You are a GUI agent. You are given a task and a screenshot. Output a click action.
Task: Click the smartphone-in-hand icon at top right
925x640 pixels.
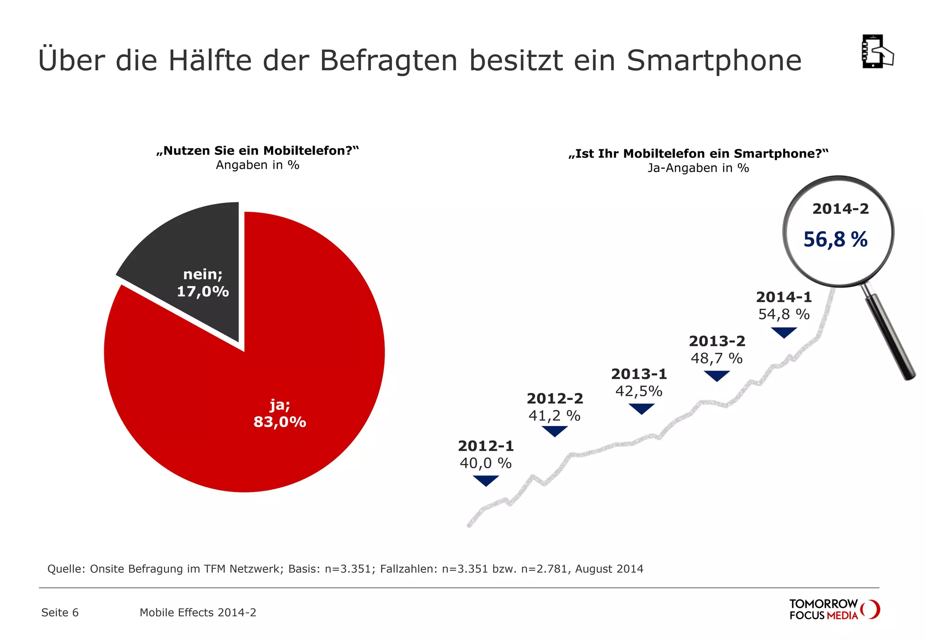(x=877, y=51)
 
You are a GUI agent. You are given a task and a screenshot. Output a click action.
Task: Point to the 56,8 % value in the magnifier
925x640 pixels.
(x=835, y=240)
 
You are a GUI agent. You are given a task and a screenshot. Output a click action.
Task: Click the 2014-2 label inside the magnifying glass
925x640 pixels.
(x=840, y=209)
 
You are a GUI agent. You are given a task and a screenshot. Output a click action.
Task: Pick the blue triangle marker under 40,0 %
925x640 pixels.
(x=486, y=480)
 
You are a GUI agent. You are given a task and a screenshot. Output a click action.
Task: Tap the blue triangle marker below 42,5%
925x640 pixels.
(x=641, y=408)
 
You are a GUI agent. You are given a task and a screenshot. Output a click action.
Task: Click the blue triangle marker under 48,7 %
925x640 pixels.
(x=717, y=375)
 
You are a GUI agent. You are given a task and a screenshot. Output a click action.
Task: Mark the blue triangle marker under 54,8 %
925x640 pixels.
(x=784, y=332)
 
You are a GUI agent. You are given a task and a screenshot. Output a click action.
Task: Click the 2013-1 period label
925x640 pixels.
(x=639, y=374)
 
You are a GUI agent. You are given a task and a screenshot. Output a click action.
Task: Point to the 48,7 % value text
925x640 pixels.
(x=716, y=358)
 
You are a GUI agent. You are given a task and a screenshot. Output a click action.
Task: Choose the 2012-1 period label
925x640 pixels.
(x=486, y=446)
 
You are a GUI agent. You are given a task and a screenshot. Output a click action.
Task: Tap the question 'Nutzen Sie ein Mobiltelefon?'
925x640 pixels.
(x=257, y=151)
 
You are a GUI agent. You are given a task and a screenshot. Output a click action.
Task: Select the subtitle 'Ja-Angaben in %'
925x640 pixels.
(x=698, y=168)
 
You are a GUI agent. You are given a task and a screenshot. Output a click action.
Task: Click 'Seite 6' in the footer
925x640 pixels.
(x=60, y=612)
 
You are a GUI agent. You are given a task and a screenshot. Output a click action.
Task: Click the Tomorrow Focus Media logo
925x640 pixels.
(x=834, y=609)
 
